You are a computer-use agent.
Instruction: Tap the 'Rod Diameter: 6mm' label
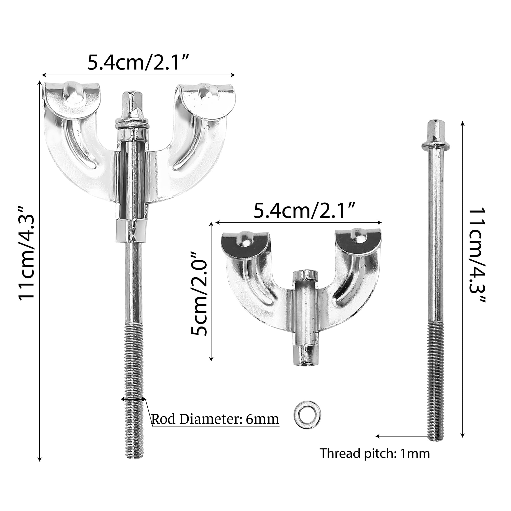[x=215, y=419]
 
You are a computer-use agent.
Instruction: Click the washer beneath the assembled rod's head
[x=131, y=125]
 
